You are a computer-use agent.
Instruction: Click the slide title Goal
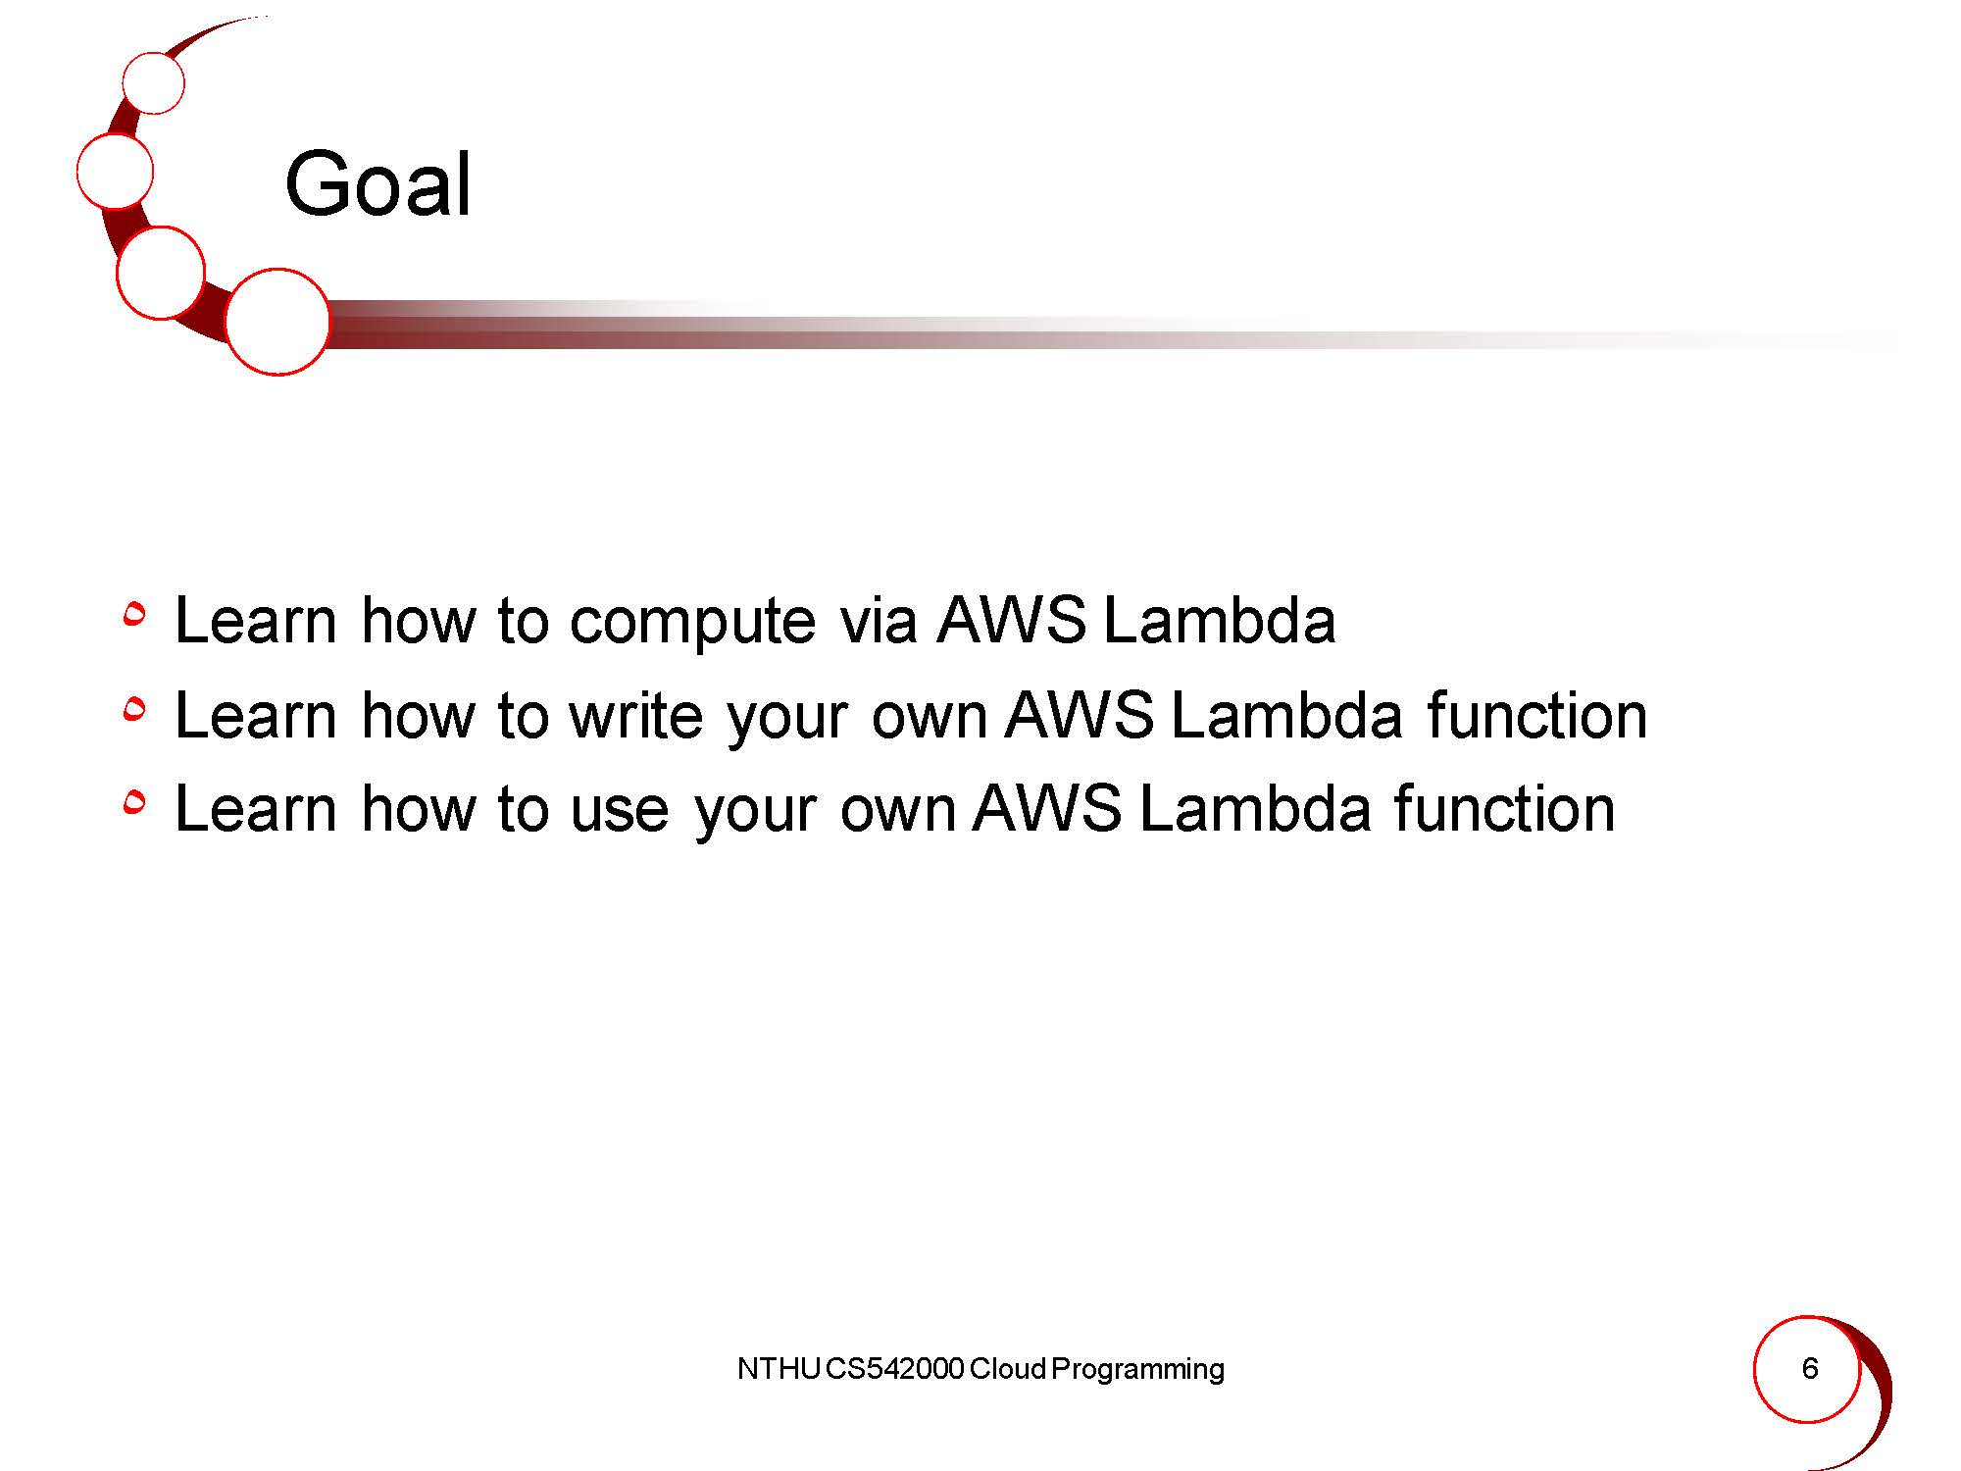[378, 184]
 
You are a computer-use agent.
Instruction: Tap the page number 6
[1810, 1368]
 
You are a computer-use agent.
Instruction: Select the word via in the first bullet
[879, 620]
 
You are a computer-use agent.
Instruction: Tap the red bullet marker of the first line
[134, 614]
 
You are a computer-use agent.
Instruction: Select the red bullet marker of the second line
[134, 708]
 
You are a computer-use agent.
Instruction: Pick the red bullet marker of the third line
[134, 802]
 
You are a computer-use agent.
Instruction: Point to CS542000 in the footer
[895, 1369]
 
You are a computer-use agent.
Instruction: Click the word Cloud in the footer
[1008, 1369]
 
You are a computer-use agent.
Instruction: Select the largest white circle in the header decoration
[277, 322]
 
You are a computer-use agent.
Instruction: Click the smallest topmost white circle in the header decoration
[154, 83]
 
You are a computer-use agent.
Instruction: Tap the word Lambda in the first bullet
[1220, 620]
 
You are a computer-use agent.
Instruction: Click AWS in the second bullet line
[1080, 715]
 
